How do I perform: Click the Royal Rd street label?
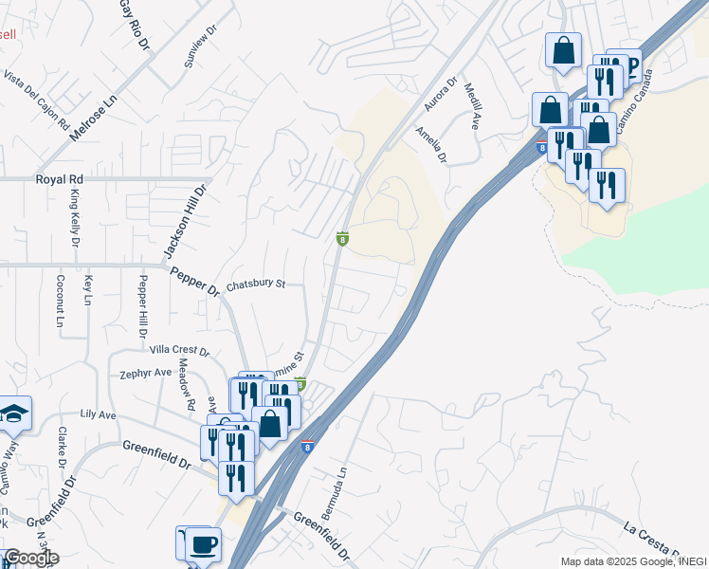coord(60,178)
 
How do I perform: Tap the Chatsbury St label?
coord(256,284)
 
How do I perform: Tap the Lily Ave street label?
coord(98,415)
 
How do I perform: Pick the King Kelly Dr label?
coord(74,219)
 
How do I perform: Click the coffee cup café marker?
coord(204,543)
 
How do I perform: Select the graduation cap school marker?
coord(15,413)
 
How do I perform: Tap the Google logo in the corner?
coord(31,558)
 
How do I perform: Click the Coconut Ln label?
coord(59,302)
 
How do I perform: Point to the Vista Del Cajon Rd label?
coord(37,100)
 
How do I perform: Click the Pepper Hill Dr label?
coord(142,305)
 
